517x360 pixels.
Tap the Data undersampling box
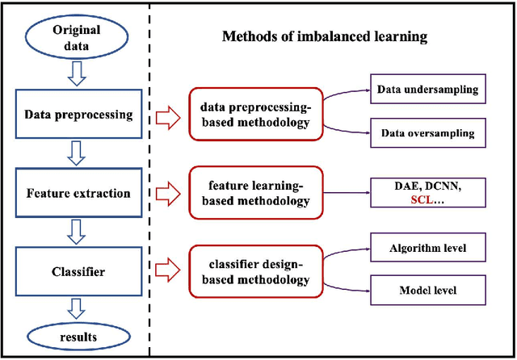coord(427,89)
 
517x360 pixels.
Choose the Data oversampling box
coord(427,133)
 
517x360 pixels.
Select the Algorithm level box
coord(427,249)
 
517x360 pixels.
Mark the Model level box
coord(427,289)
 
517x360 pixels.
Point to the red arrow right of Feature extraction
coord(166,194)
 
